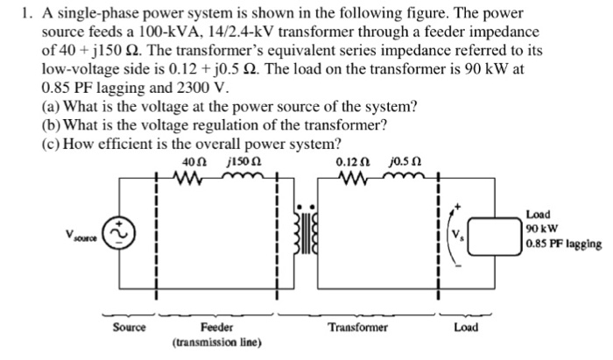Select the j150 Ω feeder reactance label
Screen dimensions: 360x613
[237, 162]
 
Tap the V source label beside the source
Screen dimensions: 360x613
[85, 235]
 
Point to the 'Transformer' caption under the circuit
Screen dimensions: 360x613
[356, 326]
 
